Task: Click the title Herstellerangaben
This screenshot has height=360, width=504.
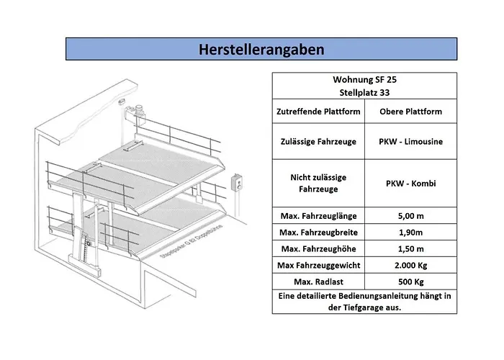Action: click(261, 49)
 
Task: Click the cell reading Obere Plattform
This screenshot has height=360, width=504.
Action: click(410, 112)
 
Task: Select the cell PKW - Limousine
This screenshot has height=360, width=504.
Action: click(410, 142)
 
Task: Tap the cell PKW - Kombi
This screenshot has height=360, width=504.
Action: click(410, 184)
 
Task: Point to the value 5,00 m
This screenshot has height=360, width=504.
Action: click(410, 216)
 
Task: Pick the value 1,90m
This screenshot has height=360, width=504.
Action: click(410, 233)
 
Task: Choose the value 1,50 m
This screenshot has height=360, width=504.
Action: click(410, 249)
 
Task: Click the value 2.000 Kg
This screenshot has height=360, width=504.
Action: click(410, 266)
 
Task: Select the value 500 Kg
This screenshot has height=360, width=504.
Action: click(410, 282)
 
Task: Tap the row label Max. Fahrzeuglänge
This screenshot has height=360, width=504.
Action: click(318, 216)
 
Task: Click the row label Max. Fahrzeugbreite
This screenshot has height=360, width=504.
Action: click(318, 233)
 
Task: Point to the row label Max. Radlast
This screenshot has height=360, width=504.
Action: click(318, 282)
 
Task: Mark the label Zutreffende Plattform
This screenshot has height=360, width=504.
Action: click(318, 112)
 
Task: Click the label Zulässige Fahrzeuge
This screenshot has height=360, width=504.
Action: click(318, 142)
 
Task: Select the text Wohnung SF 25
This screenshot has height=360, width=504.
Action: click(364, 81)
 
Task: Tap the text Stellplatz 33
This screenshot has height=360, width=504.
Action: click(364, 93)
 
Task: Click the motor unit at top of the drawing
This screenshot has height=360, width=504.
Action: click(136, 112)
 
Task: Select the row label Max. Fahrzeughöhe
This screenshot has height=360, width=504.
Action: click(318, 249)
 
